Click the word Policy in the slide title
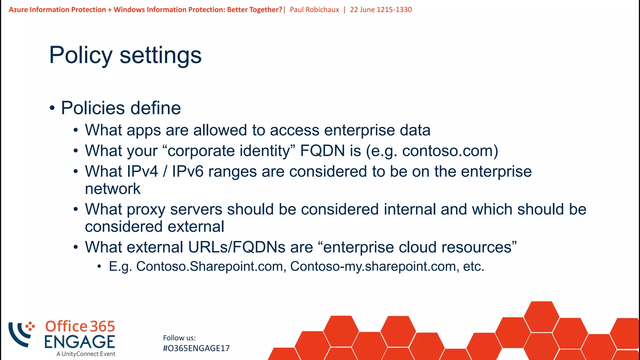(81, 55)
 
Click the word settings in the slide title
(161, 55)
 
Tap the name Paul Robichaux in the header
(314, 10)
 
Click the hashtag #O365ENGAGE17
(196, 348)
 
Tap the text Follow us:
(179, 338)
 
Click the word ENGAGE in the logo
(80, 342)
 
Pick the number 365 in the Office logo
(102, 327)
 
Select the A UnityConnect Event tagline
(86, 354)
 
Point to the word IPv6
(187, 172)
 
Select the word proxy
(146, 209)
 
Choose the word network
(112, 189)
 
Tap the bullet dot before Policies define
(52, 108)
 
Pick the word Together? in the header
(266, 10)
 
